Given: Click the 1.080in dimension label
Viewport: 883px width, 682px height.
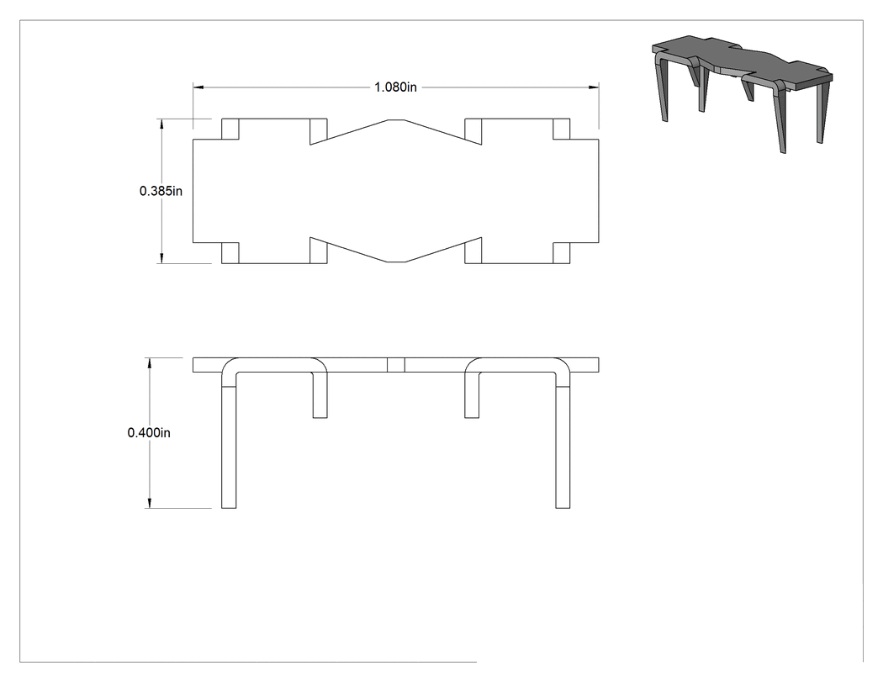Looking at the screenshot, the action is click(395, 87).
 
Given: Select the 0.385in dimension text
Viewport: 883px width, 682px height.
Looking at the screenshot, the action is click(161, 191).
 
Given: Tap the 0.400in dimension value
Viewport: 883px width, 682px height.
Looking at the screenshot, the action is click(149, 432).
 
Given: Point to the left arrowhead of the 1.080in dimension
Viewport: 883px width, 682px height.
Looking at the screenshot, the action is click(198, 87).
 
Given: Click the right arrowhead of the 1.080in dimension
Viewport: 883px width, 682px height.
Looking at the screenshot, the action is click(594, 87).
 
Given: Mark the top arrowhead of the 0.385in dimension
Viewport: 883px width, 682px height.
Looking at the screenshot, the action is click(161, 124).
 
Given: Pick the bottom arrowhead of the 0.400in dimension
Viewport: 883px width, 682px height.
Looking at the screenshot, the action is click(149, 503).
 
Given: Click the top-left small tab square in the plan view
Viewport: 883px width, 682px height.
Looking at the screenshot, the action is click(230, 129).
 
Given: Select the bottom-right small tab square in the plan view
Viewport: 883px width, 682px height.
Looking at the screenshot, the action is click(562, 253).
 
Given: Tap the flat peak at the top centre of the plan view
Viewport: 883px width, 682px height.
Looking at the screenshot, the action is click(396, 120).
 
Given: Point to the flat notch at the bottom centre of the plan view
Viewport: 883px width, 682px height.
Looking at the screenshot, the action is click(396, 262).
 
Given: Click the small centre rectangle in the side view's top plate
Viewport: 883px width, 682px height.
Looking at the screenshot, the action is click(396, 365).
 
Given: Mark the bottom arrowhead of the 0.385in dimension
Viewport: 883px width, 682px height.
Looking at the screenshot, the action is click(161, 258).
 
